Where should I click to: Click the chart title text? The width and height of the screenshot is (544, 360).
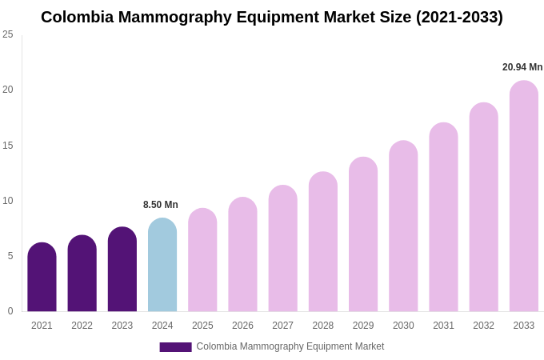click(272, 17)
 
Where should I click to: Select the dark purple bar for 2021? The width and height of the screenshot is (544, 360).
click(42, 278)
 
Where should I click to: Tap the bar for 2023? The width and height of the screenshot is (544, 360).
click(122, 270)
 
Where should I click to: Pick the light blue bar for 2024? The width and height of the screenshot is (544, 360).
click(162, 265)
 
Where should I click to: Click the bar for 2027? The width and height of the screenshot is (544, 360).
click(282, 249)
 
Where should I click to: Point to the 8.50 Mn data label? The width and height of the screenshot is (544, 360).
click(161, 205)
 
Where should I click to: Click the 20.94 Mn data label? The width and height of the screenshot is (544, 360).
click(522, 67)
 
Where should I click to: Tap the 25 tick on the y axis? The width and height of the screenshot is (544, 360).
click(8, 34)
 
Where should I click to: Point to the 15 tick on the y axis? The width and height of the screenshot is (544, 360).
click(8, 146)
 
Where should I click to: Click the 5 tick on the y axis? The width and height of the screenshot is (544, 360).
click(10, 256)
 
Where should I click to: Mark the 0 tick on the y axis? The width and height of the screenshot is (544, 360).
click(10, 311)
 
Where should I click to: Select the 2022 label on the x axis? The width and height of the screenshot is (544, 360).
click(82, 326)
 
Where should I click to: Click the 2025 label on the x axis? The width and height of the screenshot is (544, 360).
click(202, 326)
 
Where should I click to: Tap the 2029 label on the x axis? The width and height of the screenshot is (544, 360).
click(363, 326)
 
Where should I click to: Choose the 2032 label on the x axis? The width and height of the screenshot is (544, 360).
click(483, 326)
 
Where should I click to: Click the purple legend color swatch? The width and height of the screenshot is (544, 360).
click(175, 347)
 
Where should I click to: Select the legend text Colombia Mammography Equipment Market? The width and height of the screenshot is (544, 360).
click(290, 346)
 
